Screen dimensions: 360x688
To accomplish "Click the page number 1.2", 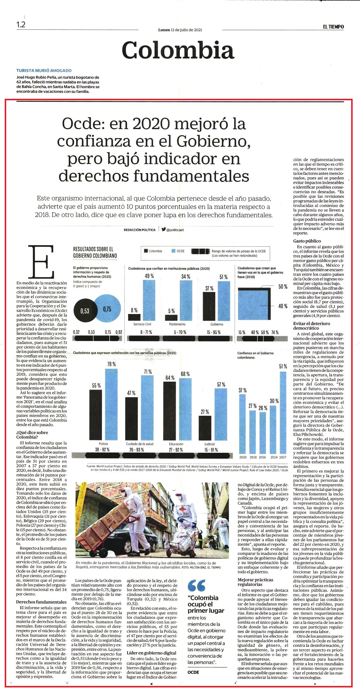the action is click(21, 25).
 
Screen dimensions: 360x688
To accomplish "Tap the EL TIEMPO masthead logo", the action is click(333, 27).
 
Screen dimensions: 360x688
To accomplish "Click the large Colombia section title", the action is click(178, 50).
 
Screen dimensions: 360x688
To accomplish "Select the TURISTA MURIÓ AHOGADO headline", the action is click(44, 71).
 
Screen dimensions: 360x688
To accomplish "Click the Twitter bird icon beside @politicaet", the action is click(163, 229).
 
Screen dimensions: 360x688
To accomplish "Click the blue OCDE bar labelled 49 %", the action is click(149, 300).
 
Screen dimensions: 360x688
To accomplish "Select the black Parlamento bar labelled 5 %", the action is click(171, 318).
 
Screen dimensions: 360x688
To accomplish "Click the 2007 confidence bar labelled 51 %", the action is click(283, 413).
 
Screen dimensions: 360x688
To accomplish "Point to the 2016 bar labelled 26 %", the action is click(263, 433).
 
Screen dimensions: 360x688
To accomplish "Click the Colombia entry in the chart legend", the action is click(153, 251).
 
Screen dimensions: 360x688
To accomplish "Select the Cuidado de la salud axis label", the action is click(140, 444).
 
